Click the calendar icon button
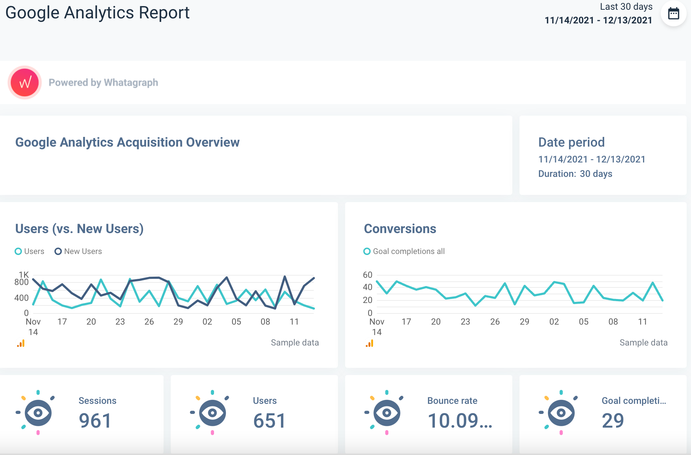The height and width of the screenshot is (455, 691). [x=673, y=14]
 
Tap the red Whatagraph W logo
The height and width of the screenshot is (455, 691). [x=24, y=82]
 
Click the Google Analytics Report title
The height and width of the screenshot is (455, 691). [x=97, y=13]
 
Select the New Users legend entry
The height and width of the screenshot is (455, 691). [x=79, y=251]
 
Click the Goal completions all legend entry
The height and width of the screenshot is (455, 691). [x=404, y=251]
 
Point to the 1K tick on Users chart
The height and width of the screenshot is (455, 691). [x=24, y=275]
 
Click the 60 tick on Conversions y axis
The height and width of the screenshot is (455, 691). [x=367, y=275]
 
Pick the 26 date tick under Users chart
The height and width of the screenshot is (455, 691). [x=149, y=322]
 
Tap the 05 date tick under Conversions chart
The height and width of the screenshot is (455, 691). [x=584, y=322]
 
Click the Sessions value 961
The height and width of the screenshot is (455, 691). [x=95, y=421]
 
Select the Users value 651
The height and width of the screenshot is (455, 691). [x=269, y=421]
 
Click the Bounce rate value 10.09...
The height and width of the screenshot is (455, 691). [x=460, y=421]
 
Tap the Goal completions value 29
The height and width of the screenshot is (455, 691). [x=613, y=421]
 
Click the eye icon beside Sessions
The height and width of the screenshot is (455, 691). [x=38, y=412]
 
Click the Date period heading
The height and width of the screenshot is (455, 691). [x=571, y=142]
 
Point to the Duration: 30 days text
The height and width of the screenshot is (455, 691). [x=575, y=174]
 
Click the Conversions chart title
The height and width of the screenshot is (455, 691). [x=400, y=229]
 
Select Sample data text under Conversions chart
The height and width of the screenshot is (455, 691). [x=643, y=343]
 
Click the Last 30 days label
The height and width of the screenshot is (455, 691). [x=626, y=7]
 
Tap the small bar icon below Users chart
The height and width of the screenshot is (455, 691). [x=21, y=344]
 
